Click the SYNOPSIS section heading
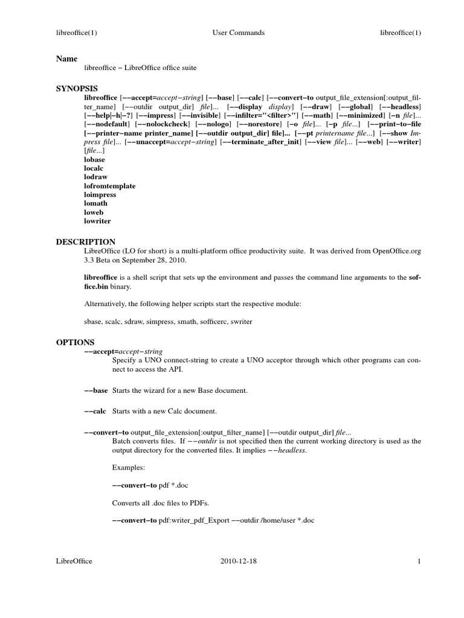point(77,88)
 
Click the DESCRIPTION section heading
point(85,241)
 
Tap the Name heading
point(66,59)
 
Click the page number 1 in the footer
point(418,561)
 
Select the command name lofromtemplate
point(110,186)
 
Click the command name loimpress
point(100,195)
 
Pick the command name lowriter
point(97,221)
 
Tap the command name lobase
point(94,159)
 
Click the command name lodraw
point(95,177)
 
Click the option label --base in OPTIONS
point(96,390)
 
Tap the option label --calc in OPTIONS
point(95,411)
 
